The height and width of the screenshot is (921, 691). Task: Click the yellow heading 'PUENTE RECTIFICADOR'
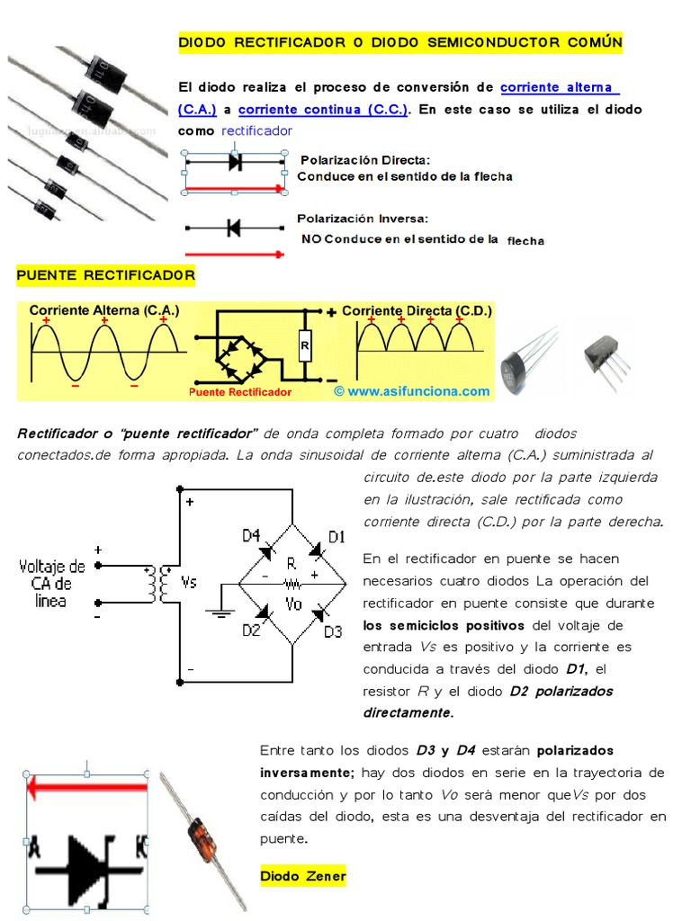pos(105,274)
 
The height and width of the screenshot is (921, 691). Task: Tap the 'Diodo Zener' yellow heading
pos(303,876)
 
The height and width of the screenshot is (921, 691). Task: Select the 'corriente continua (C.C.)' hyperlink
pos(323,110)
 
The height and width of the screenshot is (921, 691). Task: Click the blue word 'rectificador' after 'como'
pos(256,131)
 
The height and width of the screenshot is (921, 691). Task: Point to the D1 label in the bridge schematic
pos(337,537)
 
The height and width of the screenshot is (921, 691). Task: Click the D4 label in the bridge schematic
pos(251,535)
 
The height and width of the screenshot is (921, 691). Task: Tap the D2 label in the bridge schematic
pos(251,630)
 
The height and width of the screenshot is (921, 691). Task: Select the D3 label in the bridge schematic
pos(333,631)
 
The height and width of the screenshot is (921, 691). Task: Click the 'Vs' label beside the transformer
pos(189,582)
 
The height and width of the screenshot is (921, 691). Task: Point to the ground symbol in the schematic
pos(219,613)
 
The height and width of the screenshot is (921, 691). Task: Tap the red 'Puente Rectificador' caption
pos(240,393)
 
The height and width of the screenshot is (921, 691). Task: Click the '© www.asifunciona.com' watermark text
pos(411,391)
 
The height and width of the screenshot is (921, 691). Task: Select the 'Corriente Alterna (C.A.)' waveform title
pos(104,310)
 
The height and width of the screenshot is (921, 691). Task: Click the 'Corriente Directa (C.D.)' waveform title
pos(417,310)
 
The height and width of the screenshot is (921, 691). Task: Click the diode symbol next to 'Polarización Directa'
pos(236,162)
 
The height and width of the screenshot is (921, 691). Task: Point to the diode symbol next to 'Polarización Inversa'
pos(234,228)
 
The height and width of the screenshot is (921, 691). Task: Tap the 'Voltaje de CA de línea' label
pos(52,583)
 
